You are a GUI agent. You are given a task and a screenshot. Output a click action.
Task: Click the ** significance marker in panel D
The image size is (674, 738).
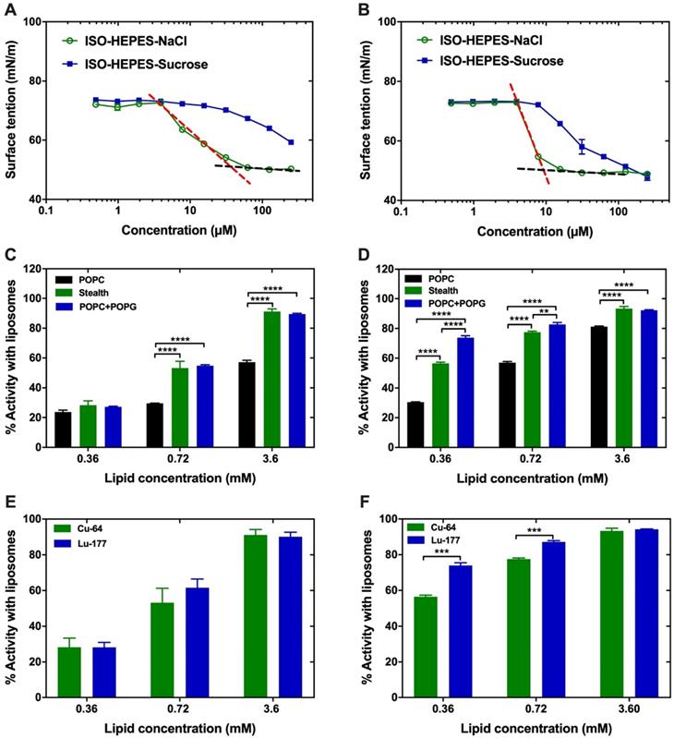(x=545, y=311)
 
